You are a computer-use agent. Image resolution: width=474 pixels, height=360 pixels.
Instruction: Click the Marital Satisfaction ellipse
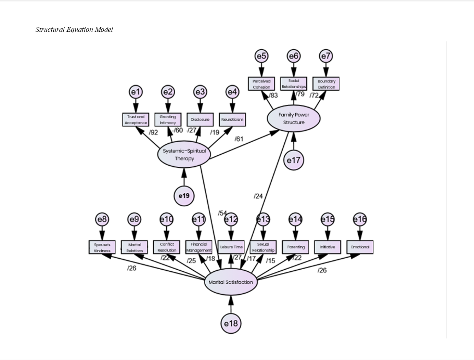coord(231,282)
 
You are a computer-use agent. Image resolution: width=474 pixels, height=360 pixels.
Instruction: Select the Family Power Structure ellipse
coord(293,118)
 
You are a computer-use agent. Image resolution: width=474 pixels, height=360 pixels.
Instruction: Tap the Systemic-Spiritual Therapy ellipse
coord(184,155)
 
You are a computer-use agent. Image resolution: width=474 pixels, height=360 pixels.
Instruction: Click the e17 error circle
coord(293,160)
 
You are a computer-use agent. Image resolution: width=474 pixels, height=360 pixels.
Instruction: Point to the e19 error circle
coord(184,196)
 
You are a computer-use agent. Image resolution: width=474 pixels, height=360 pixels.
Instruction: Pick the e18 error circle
coord(231,323)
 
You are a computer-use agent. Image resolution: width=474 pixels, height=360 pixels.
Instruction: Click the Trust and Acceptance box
coord(136,120)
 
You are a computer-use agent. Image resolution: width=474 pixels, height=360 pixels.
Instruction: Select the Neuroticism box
coord(232,120)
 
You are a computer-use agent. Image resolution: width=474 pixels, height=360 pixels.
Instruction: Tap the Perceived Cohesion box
coord(261,84)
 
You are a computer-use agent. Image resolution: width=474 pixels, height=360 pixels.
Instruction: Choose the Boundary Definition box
coord(326,84)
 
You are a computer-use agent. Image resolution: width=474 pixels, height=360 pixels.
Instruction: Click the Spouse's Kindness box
coord(102,247)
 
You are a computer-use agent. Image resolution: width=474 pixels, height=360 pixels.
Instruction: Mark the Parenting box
coord(295,247)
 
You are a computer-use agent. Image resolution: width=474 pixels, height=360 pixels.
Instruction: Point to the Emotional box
coord(360,247)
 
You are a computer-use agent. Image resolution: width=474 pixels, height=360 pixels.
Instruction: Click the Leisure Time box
coord(231,247)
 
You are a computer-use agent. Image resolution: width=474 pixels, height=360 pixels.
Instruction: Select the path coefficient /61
coord(239,139)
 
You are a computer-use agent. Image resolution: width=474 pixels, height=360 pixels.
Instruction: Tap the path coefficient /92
coord(153,133)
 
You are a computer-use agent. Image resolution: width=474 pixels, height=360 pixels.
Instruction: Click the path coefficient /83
coord(273,95)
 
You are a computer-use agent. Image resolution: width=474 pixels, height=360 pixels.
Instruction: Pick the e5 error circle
coord(261,56)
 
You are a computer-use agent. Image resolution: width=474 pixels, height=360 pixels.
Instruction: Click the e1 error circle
coord(136,92)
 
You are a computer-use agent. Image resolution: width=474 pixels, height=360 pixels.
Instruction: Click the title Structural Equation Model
coord(74,29)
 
